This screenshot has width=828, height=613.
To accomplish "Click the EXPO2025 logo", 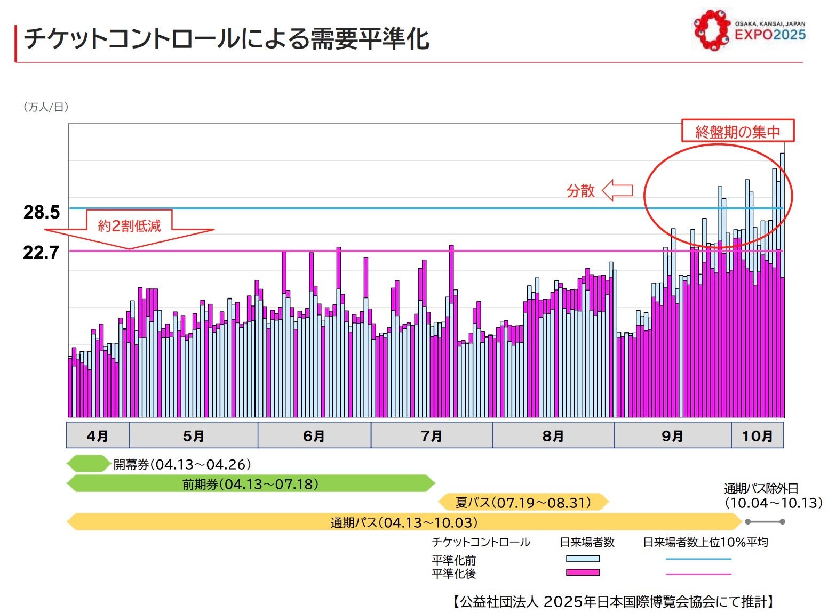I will [x=749, y=30].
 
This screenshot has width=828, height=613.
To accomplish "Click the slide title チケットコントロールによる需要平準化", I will [x=227, y=39].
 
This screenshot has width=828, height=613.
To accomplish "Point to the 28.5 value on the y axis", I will [x=42, y=212].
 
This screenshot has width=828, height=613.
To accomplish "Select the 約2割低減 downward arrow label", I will [x=129, y=227].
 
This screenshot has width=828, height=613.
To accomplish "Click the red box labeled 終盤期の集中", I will [x=737, y=131].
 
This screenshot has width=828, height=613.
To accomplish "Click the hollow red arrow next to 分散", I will [x=617, y=190].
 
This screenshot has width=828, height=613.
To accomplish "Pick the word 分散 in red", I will [x=580, y=191].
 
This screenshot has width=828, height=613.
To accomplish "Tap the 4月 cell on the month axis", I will [x=98, y=435].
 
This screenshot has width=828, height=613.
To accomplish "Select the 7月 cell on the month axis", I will [x=431, y=435].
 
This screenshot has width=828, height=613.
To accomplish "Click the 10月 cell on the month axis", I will [x=757, y=435].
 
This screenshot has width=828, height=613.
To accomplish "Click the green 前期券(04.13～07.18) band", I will [x=251, y=484].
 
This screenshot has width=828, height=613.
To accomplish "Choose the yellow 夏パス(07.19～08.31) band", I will [x=523, y=502].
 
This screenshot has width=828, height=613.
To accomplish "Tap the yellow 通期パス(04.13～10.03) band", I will [x=404, y=522].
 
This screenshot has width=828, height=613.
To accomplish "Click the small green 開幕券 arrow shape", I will [x=89, y=464].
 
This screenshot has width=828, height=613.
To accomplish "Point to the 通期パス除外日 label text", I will [x=761, y=488].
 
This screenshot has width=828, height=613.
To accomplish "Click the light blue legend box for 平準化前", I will [x=583, y=559].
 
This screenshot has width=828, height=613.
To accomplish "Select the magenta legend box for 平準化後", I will [x=583, y=572].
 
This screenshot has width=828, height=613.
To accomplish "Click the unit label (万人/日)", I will [x=46, y=107].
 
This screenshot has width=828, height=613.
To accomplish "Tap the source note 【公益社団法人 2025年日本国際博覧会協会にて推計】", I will [x=614, y=602].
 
